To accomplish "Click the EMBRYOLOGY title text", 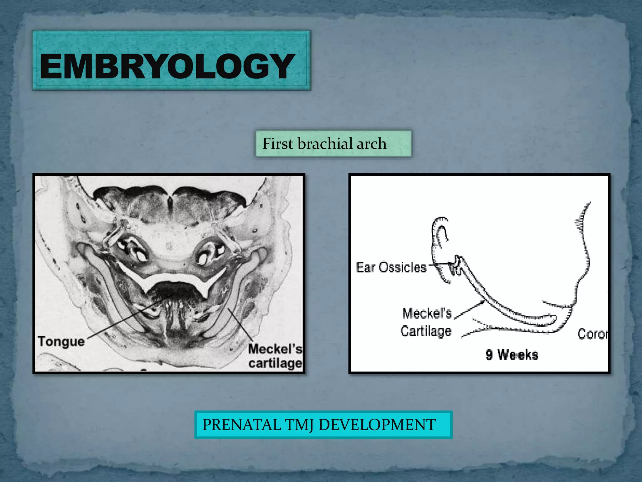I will [x=167, y=66].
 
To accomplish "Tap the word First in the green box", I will [x=278, y=144].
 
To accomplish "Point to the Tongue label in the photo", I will [x=61, y=341].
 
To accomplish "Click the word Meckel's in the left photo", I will [x=275, y=349].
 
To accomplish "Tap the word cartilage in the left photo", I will [x=275, y=363].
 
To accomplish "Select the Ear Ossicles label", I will [x=391, y=268].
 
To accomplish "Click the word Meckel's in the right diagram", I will [x=427, y=313].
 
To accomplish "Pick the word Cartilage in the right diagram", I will [x=426, y=331].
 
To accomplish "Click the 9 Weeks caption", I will [x=512, y=355].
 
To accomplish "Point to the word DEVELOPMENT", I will [x=377, y=425].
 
